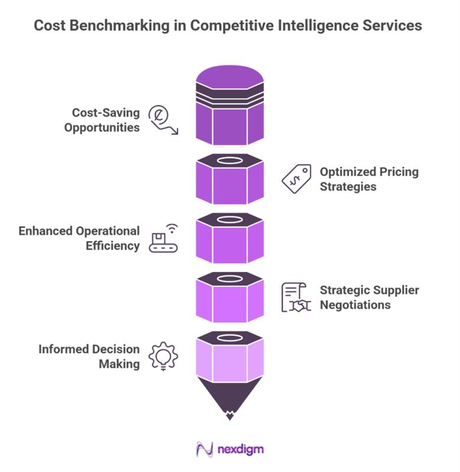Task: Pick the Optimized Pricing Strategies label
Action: point(369,179)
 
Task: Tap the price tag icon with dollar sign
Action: point(296,179)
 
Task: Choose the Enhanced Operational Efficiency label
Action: point(79,238)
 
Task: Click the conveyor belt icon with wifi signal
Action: point(163,238)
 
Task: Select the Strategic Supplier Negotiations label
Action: point(369,297)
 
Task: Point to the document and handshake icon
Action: point(296,297)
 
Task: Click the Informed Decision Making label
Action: point(89,356)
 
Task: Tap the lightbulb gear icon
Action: point(163,356)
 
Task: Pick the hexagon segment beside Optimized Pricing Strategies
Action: point(229,179)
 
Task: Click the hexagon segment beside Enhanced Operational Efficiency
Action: point(229,238)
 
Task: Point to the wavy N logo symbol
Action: point(205,450)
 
